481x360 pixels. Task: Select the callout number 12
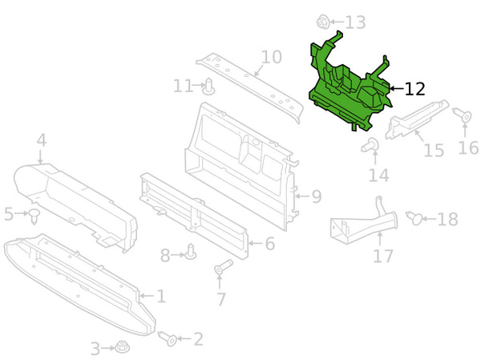coord(414,89)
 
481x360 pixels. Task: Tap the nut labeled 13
coord(323,22)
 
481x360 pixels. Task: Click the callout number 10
coord(272,57)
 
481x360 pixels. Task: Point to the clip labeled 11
coord(208,87)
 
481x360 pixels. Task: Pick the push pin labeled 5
coord(34,216)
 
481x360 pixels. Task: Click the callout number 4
coord(42,140)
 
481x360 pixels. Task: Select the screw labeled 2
coord(168,338)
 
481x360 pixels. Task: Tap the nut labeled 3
coord(122,347)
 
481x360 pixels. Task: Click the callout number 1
coord(161,296)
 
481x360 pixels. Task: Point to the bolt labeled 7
coord(223,267)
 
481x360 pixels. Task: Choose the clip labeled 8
coord(191,252)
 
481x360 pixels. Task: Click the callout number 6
coord(269,244)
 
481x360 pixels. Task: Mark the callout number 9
coord(317,196)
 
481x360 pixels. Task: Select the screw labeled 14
coord(370,145)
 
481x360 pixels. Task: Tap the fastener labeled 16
coord(462,115)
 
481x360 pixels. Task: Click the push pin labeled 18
coord(414,217)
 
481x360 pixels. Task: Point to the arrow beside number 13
coord(337,22)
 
